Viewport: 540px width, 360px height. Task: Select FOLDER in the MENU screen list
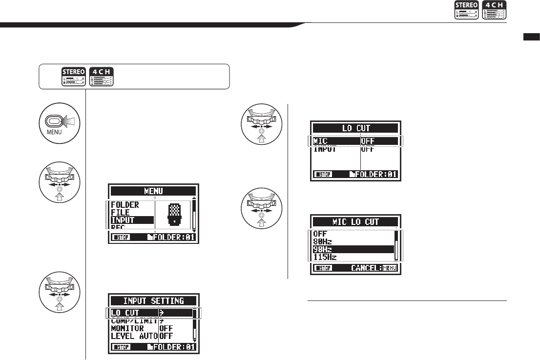(x=125, y=205)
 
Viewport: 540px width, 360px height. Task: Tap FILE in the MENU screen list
(x=120, y=213)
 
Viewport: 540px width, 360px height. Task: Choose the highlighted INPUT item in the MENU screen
(x=123, y=220)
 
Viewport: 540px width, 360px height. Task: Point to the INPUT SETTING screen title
(x=154, y=300)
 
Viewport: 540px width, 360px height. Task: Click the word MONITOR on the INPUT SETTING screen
(x=127, y=328)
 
